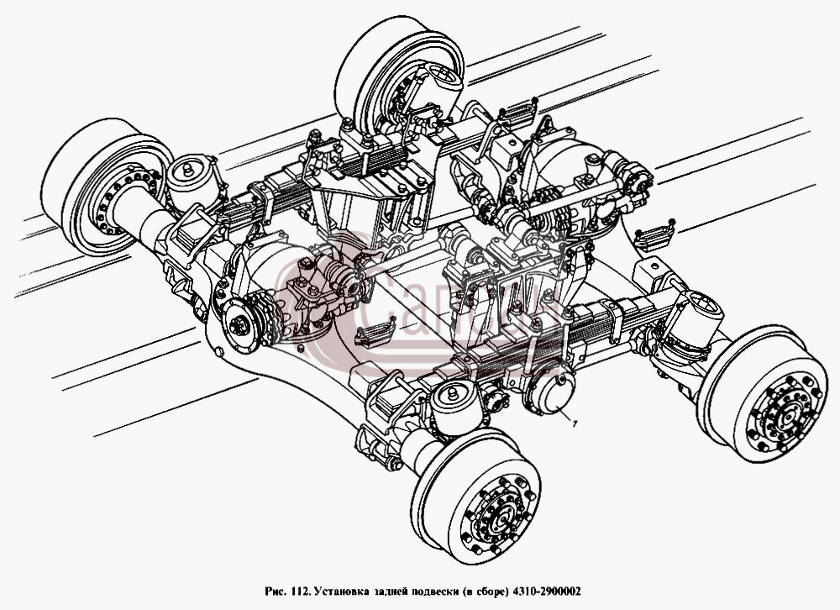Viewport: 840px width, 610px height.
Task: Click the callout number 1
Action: click(x=574, y=425)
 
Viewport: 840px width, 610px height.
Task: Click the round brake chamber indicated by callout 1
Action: click(x=550, y=392)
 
